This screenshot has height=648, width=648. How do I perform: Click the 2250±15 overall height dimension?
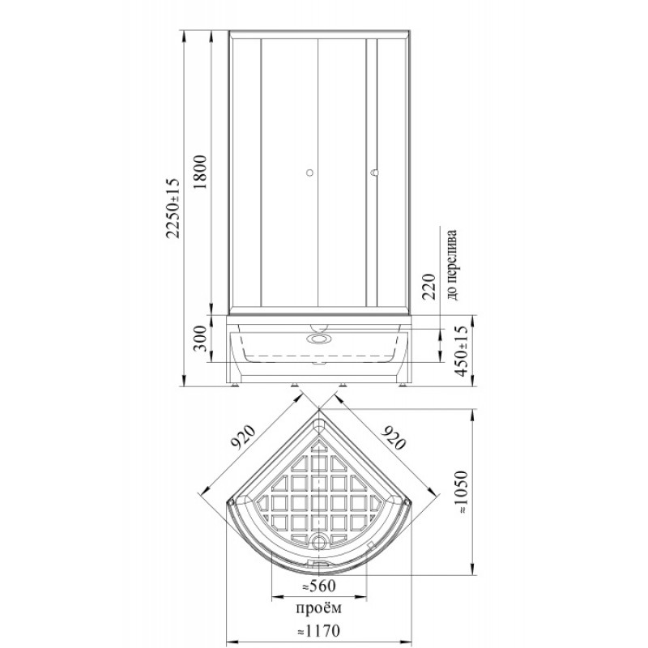click(173, 208)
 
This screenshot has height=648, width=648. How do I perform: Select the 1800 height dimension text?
click(199, 172)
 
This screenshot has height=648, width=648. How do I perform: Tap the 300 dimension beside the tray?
click(199, 338)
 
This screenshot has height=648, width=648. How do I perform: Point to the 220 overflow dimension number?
click(429, 286)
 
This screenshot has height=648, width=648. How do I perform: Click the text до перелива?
click(452, 265)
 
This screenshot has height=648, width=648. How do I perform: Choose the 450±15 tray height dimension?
click(461, 351)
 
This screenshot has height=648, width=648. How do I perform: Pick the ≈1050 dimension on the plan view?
click(461, 492)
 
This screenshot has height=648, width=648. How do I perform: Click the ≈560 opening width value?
click(318, 586)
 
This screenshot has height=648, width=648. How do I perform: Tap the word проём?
click(319, 608)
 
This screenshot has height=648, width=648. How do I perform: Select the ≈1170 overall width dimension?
click(318, 631)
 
